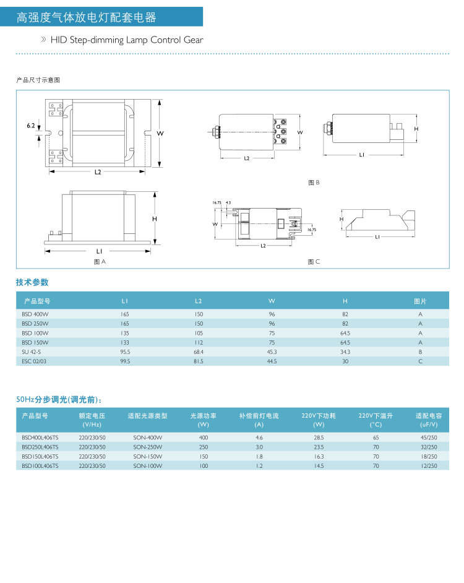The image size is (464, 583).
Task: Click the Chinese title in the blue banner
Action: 87,17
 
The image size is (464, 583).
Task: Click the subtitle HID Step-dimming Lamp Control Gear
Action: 127,40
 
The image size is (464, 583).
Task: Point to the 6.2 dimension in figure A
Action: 31,126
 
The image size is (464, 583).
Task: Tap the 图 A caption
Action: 100,262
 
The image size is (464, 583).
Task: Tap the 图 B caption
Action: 314,183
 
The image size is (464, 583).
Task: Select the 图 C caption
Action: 314,262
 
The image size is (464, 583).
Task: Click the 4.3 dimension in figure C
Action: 228,203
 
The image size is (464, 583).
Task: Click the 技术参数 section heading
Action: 32,282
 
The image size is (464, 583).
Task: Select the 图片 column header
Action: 420,301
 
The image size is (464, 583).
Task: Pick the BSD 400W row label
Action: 35,314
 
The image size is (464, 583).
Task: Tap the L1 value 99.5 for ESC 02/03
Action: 125,361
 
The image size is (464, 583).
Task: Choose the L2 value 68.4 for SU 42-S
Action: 198,352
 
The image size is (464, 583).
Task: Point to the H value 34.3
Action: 345,352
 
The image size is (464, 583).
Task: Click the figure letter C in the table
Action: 420,361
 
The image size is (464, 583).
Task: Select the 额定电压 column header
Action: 92,416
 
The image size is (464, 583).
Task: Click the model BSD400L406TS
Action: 40,438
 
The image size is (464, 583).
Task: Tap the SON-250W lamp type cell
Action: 147,447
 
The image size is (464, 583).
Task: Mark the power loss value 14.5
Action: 319,465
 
